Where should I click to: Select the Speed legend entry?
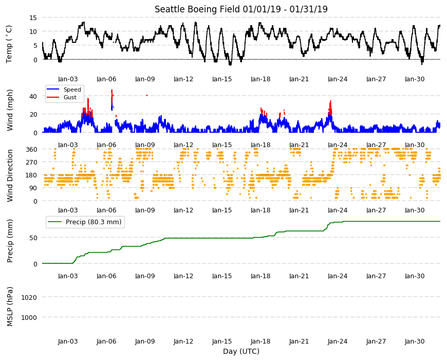[64, 89]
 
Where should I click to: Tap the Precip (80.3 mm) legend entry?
[85, 222]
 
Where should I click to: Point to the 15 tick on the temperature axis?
[33, 17]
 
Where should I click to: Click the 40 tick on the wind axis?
[33, 96]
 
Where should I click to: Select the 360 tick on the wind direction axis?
[31, 149]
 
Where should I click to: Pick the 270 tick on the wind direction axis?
[31, 162]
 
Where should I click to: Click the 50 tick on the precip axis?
[33, 238]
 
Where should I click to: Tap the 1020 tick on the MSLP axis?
[29, 298]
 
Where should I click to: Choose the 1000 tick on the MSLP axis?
[29, 317]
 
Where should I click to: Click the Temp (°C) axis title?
[9, 44]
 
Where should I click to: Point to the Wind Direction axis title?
[10, 175]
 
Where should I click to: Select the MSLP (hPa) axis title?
[10, 306]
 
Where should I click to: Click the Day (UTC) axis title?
[241, 351]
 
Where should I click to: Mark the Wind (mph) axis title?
[10, 110]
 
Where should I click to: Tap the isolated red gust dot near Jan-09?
[147, 95]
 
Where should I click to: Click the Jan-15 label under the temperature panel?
[222, 79]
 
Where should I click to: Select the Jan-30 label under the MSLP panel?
[415, 341]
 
